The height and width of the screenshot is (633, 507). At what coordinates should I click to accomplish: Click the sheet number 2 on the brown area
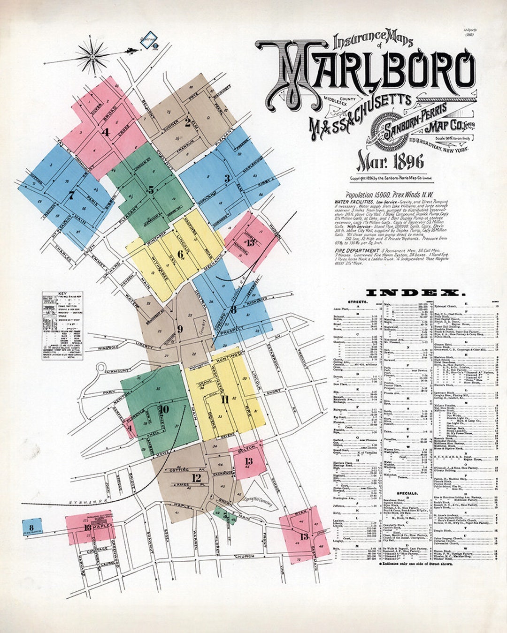(187, 123)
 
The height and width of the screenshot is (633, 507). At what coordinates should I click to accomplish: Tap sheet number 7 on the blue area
(71, 195)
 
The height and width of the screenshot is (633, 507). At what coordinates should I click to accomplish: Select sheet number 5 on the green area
(151, 190)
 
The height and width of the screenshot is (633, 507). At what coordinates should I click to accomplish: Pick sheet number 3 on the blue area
(227, 178)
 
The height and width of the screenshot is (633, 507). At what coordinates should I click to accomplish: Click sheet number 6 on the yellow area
(181, 254)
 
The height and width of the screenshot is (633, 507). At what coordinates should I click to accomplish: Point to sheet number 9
(180, 329)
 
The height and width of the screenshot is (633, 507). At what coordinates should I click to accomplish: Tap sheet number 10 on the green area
(163, 409)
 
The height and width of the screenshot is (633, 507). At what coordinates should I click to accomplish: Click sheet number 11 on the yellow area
(225, 399)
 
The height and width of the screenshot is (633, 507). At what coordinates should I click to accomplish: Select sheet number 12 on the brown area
(196, 478)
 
